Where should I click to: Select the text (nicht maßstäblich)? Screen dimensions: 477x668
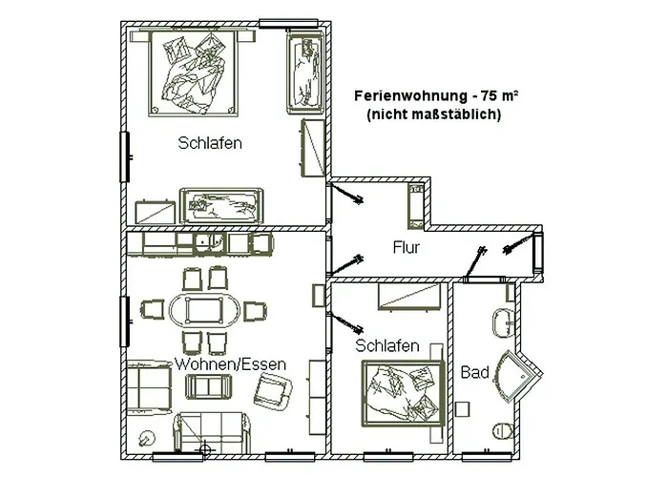click(x=434, y=114)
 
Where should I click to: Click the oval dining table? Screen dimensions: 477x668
click(x=206, y=310)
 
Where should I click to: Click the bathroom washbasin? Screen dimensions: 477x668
click(x=503, y=322)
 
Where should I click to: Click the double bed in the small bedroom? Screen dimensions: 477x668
click(x=401, y=391)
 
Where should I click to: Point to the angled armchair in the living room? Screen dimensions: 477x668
click(x=275, y=388)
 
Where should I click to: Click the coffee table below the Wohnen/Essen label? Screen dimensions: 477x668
click(x=208, y=386)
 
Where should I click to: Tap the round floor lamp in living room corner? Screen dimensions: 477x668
click(x=147, y=438)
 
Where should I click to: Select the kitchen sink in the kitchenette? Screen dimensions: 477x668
click(x=212, y=244)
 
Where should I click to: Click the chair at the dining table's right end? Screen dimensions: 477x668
click(x=254, y=311)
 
